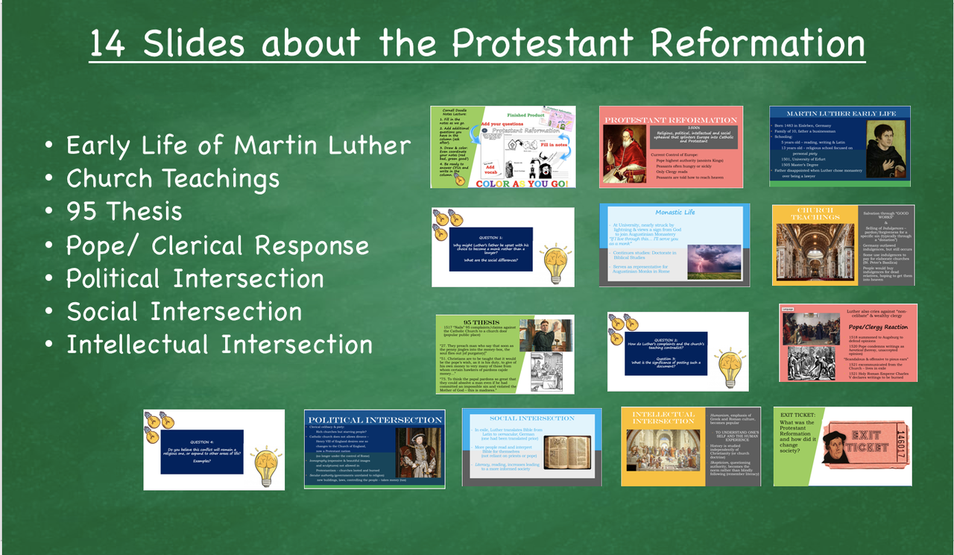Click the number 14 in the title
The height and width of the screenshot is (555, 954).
[110, 44]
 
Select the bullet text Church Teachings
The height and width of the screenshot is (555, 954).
[172, 179]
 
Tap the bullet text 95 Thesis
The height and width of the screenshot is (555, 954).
[124, 212]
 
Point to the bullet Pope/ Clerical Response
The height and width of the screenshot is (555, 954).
[217, 245]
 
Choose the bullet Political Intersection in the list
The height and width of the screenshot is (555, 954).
[195, 279]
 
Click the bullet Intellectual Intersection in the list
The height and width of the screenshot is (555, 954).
[219, 345]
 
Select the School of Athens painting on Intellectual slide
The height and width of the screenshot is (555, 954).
[663, 456]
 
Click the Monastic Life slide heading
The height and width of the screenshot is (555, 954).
[675, 212]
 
